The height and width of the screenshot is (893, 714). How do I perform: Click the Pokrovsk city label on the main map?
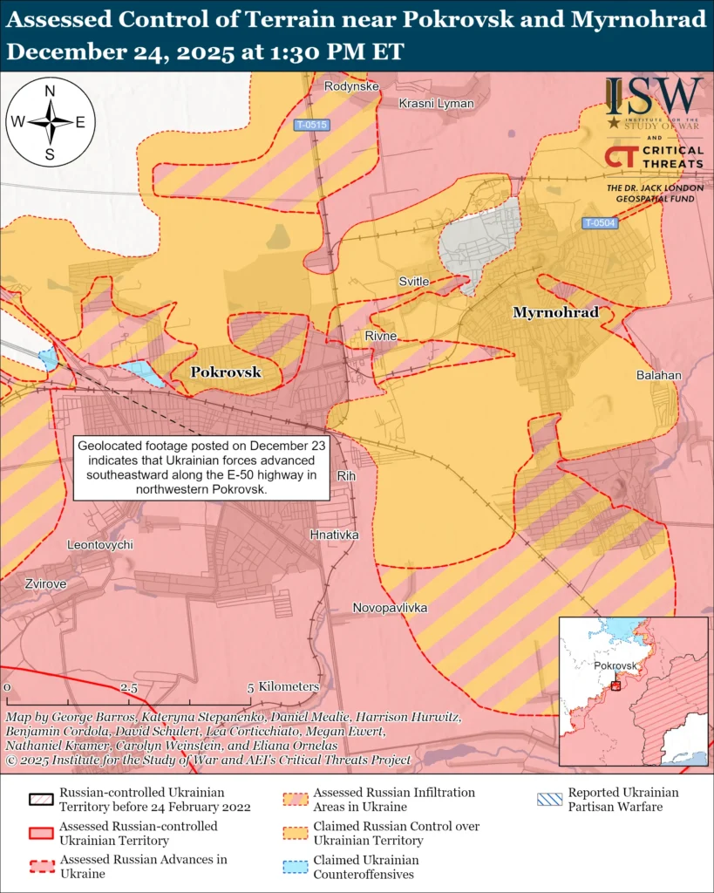[x=226, y=372]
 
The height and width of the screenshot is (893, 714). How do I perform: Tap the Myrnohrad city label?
[x=555, y=312]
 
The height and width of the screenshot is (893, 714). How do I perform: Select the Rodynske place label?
[x=351, y=86]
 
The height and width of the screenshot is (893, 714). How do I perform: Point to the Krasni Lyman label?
[x=436, y=104]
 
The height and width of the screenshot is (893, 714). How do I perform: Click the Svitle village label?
[x=414, y=282]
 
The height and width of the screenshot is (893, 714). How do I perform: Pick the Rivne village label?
[x=381, y=336]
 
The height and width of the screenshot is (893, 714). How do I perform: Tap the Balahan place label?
[x=658, y=375]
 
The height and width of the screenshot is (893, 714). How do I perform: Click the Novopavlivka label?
[x=390, y=607]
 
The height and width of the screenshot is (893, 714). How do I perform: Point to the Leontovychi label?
[x=100, y=544]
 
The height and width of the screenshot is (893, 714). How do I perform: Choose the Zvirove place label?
[x=45, y=583]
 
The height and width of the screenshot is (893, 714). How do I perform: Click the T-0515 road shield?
[x=310, y=125]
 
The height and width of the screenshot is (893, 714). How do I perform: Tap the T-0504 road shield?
[x=600, y=223]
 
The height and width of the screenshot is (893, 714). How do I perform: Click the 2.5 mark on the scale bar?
[x=129, y=687]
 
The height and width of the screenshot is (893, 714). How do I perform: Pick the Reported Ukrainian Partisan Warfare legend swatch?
[x=548, y=800]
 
